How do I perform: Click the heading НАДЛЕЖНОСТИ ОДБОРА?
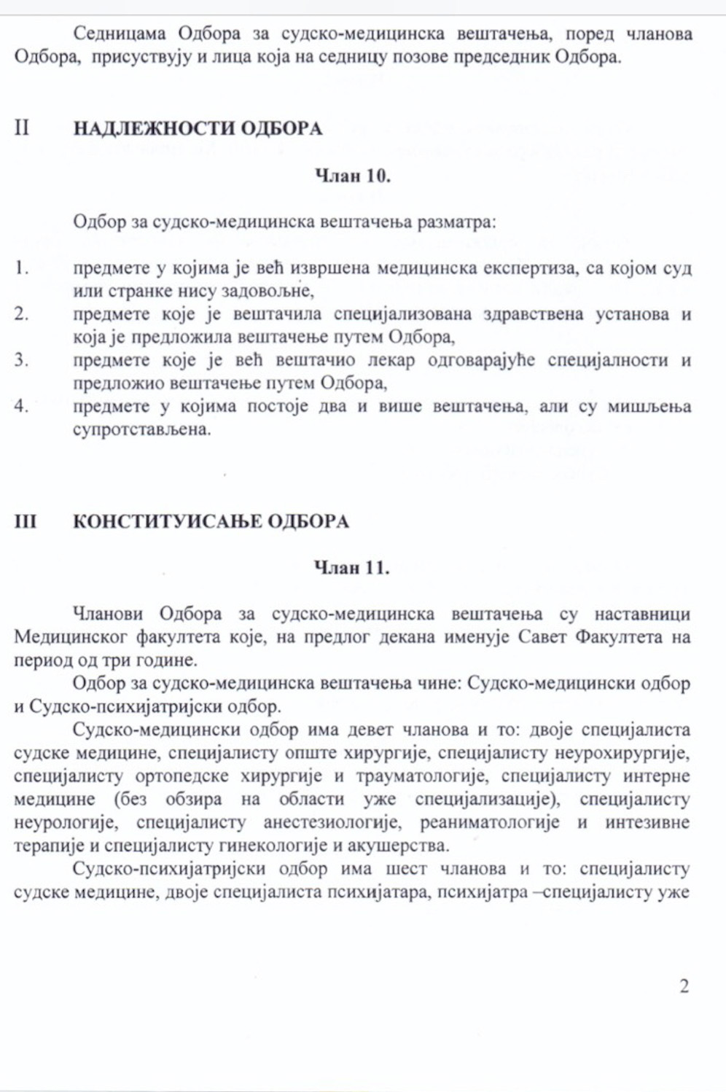pos(198,129)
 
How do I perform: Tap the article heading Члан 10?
pos(352,176)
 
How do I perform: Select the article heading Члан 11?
pos(351,568)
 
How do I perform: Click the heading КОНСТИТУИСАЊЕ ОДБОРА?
pos(211,522)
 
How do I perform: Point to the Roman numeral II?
pos(22,128)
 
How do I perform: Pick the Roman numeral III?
pos(26,522)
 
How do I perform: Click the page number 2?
pos(684,986)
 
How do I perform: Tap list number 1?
pos(21,268)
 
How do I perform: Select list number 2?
pos(21,314)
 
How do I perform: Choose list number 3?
pos(21,360)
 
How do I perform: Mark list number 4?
pos(21,406)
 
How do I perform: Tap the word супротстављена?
pos(141,429)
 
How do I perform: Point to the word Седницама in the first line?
pos(120,34)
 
